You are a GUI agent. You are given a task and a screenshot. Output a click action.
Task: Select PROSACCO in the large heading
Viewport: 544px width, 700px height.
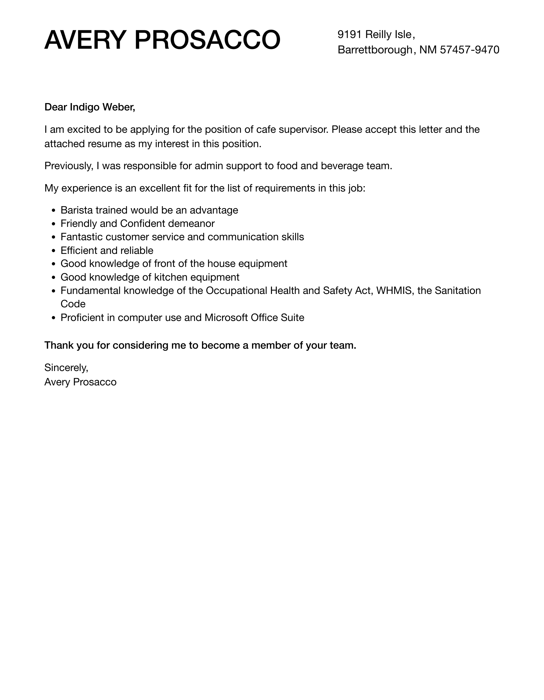pyautogui.click(x=207, y=40)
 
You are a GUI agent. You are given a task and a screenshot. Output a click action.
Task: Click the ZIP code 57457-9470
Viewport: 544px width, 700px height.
pyautogui.click(x=470, y=50)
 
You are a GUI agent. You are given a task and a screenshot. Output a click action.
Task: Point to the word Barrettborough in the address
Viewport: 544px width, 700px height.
pyautogui.click(x=375, y=50)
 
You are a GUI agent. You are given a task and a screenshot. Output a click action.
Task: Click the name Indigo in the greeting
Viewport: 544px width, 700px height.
pyautogui.click(x=84, y=107)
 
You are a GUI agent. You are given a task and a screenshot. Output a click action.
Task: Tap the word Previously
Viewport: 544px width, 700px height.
pyautogui.click(x=69, y=166)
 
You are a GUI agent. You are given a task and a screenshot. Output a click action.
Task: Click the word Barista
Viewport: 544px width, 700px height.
pyautogui.click(x=77, y=210)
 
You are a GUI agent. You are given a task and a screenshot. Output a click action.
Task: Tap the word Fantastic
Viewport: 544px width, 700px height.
pyautogui.click(x=82, y=237)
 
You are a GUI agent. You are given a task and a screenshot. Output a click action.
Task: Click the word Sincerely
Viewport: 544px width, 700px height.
pyautogui.click(x=66, y=368)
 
